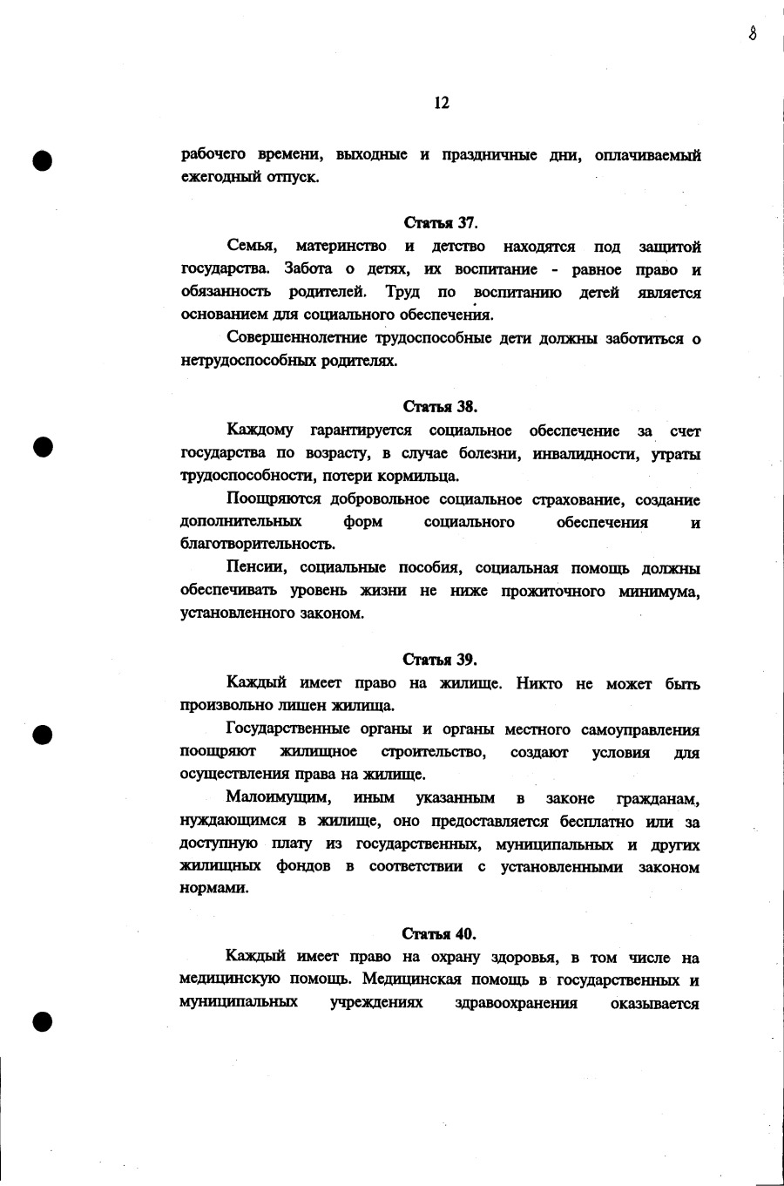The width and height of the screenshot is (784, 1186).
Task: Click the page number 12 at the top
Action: (441, 103)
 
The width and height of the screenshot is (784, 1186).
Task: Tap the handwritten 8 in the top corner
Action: (752, 33)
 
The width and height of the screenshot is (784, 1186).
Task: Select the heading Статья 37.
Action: (441, 223)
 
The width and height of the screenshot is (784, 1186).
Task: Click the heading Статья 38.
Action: (441, 406)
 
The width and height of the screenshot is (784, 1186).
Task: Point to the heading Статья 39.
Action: (440, 659)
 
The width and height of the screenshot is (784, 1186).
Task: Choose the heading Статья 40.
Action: (440, 934)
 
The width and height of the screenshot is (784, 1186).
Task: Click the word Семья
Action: (252, 247)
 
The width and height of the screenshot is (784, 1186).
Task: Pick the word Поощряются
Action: (274, 499)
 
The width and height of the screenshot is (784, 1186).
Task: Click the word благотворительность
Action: (257, 545)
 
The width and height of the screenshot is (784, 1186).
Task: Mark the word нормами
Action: (214, 889)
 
